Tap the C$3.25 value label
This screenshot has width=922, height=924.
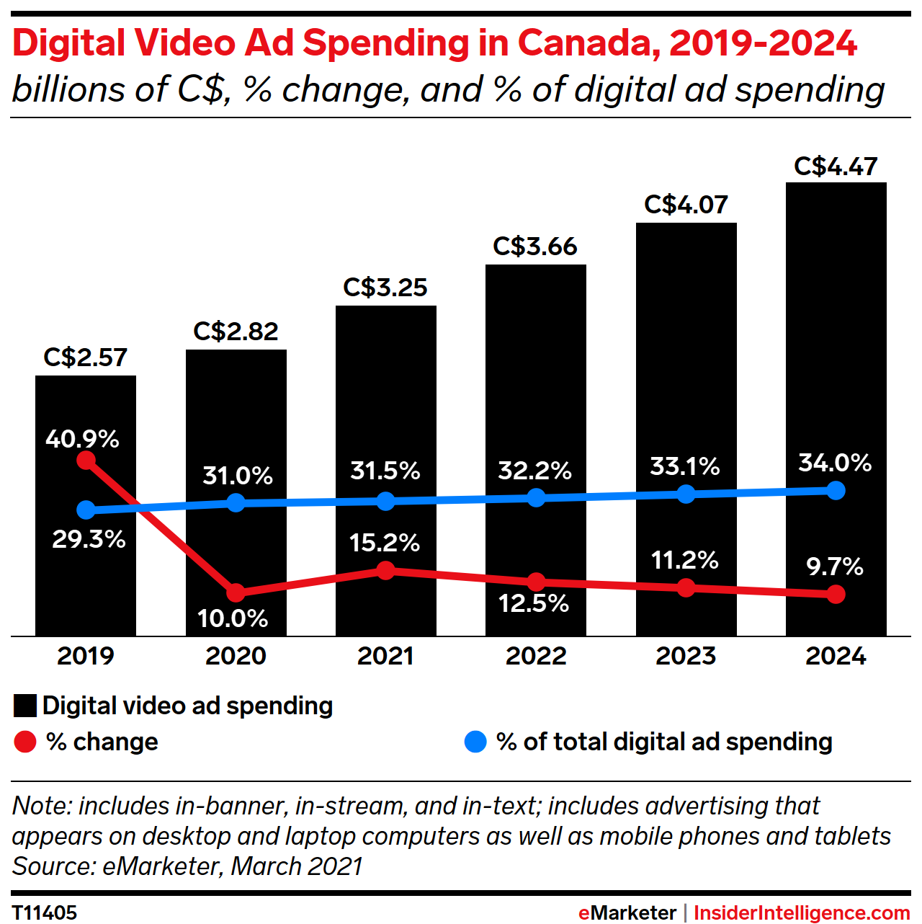click(385, 288)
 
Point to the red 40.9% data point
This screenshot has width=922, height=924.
click(86, 460)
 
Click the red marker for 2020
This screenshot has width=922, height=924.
click(236, 592)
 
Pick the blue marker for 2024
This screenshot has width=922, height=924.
click(836, 491)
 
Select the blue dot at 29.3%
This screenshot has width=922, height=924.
click(86, 510)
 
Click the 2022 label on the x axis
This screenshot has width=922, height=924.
click(536, 656)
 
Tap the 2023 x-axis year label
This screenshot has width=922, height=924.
click(686, 656)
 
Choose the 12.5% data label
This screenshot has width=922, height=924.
click(534, 603)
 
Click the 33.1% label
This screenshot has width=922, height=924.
click(685, 466)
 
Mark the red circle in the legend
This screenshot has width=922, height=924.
click(25, 742)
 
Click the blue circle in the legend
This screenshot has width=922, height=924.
click(475, 742)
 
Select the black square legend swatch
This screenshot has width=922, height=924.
click(25, 706)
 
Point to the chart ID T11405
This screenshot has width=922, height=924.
click(45, 912)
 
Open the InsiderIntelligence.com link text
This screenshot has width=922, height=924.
click(802, 912)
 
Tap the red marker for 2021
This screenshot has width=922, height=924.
click(386, 571)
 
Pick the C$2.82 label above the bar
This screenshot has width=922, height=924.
click(236, 332)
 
